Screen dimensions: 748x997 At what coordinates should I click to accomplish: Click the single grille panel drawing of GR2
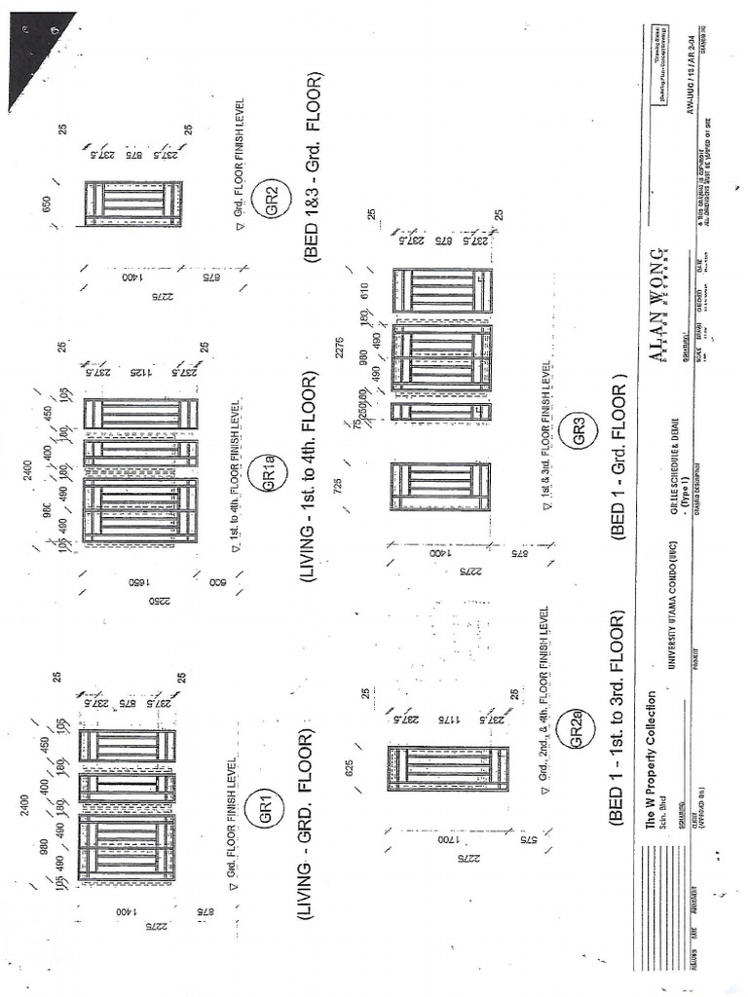(132, 203)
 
